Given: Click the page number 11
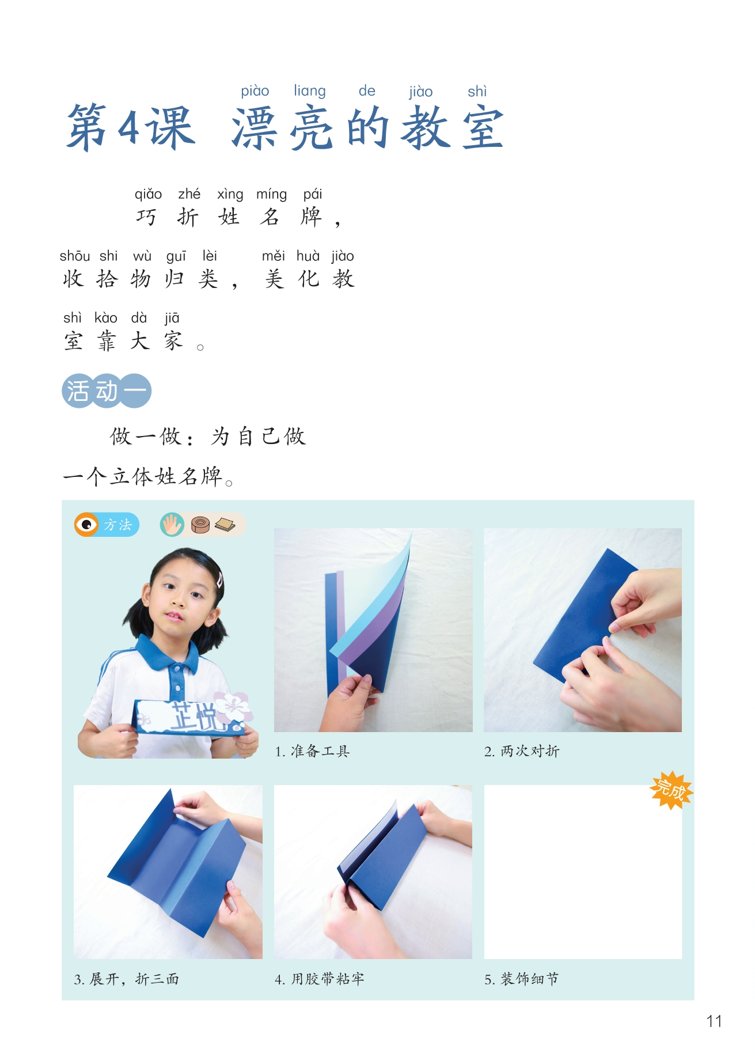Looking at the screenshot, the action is tap(714, 1021).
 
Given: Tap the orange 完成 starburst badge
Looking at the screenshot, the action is tap(671, 790).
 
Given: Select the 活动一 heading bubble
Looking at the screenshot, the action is tap(107, 391).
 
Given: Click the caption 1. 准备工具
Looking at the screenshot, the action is tap(312, 751).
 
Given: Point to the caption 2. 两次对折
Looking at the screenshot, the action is tap(522, 751).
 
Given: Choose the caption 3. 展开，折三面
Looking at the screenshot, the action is tap(127, 979).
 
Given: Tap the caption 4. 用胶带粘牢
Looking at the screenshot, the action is tap(320, 979).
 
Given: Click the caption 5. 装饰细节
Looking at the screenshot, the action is tap(522, 979).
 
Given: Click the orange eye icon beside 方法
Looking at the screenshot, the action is tap(86, 525).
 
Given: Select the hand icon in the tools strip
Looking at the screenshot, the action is tap(172, 525).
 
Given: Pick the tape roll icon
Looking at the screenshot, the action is tap(200, 525).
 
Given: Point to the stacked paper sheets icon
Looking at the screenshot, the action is tap(225, 525).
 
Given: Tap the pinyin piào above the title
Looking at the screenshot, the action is tap(255, 92).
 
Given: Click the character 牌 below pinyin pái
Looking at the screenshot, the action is tap(311, 217).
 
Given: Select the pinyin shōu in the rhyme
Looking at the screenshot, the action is tap(75, 256).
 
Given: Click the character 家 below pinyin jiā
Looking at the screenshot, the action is tap(173, 341).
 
